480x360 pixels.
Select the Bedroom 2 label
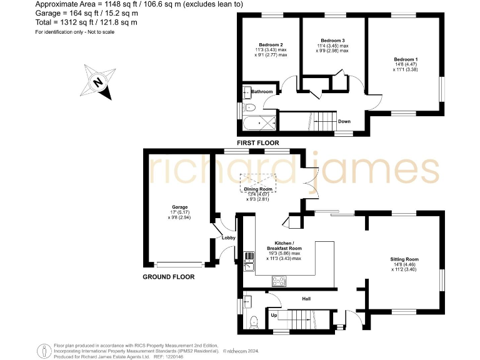coord(271,45)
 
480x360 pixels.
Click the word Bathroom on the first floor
coord(262,92)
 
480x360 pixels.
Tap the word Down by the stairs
coord(344,121)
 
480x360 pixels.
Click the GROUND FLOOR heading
coord(168,276)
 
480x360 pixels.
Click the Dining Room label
coord(257,189)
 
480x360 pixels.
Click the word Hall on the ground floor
coord(306,299)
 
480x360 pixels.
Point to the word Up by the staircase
coord(274,315)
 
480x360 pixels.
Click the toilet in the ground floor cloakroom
coord(252,322)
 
